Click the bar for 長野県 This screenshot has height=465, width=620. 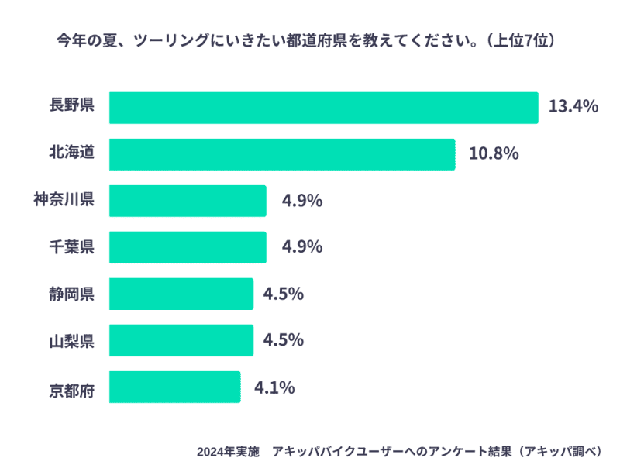323,108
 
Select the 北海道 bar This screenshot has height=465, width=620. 281,154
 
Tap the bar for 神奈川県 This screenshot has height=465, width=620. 188,201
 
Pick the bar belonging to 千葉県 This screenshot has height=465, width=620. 188,247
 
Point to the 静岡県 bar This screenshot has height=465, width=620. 181,294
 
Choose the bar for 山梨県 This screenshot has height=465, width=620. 181,340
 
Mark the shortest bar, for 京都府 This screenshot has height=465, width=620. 174,387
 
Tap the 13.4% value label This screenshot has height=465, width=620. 573,107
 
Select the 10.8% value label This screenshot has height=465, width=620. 494,153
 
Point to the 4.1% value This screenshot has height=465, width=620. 274,386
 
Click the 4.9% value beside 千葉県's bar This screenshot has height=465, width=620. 302,246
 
